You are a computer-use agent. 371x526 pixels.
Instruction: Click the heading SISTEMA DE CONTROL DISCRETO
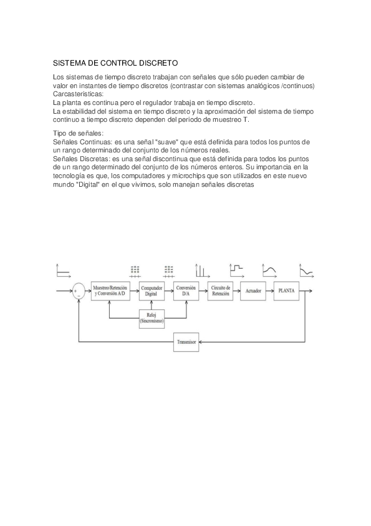coord(115,63)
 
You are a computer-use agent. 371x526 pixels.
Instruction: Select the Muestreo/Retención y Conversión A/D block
coord(110,290)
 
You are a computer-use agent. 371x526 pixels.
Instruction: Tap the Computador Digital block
coord(152,290)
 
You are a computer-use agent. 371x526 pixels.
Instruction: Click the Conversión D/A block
coord(186,290)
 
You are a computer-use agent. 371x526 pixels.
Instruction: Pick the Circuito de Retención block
coord(221,290)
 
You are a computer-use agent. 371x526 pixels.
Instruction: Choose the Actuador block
coord(253,291)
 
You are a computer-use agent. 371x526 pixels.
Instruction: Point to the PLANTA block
coord(287,291)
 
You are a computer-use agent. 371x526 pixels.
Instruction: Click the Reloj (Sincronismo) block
coord(152,318)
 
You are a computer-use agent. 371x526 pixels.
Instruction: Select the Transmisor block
coord(186,342)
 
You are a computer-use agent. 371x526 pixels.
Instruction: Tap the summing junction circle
coord(79,291)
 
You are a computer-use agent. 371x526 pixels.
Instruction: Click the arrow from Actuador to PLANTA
coord(269,291)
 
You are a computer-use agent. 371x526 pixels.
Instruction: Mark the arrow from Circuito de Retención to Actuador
coord(237,291)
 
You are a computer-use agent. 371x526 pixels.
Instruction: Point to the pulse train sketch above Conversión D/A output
coord(201,270)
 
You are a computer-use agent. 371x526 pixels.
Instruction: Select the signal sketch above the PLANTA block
coord(270,270)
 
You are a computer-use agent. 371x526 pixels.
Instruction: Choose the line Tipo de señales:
coord(79,134)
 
